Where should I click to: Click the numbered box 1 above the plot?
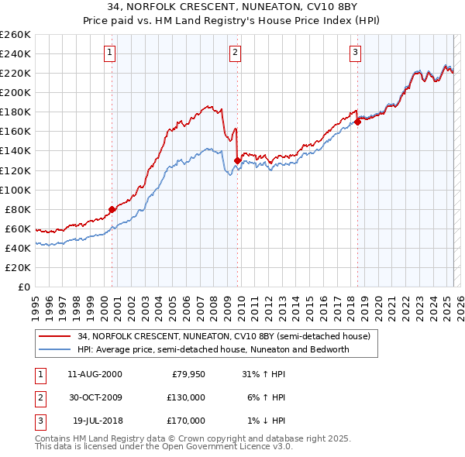coord(111,53)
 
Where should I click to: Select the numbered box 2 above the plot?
coord(235,53)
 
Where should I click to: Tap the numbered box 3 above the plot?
coord(355,53)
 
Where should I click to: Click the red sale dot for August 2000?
coord(112,209)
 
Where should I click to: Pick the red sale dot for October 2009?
coord(237,160)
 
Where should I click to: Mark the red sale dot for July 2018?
coord(358,122)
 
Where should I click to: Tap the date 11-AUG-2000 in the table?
coord(95,374)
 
